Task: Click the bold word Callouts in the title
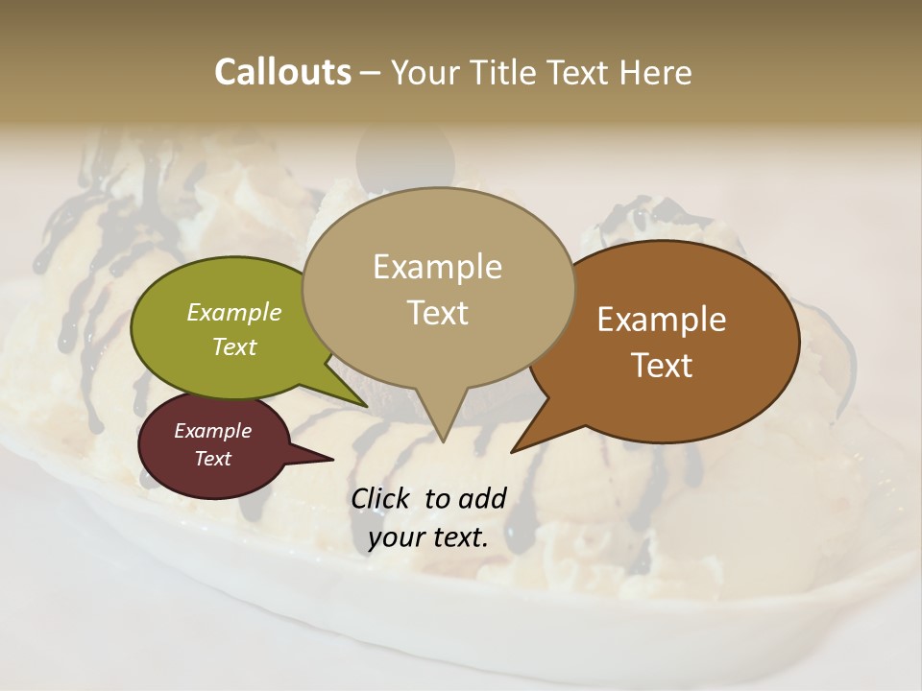(x=282, y=72)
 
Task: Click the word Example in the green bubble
(x=234, y=312)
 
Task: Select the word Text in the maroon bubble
(x=213, y=459)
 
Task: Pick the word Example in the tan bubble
(x=438, y=267)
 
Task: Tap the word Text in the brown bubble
(x=663, y=365)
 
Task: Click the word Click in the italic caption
(x=381, y=498)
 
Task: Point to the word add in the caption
(x=482, y=498)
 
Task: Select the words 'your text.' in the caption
(x=427, y=537)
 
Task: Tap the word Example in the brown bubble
(x=662, y=320)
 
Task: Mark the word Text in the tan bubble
(x=438, y=313)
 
